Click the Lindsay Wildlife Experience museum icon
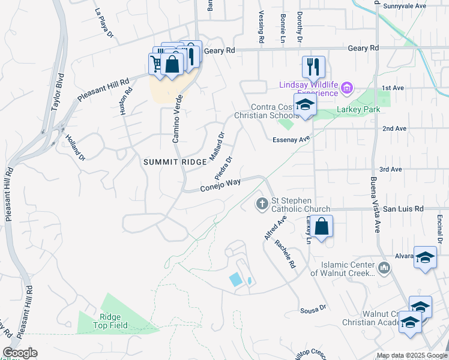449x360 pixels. coord(346,89)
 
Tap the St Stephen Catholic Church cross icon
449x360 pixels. coord(262,205)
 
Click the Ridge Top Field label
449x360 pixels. coord(107,322)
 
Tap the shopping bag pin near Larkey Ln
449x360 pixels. coord(322,227)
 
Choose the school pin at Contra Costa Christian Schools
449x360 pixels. coord(305,105)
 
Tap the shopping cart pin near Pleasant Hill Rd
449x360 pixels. coord(157,64)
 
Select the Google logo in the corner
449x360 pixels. coord(20,353)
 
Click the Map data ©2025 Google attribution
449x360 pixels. coord(411,355)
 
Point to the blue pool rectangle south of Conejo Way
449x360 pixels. coord(237,280)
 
